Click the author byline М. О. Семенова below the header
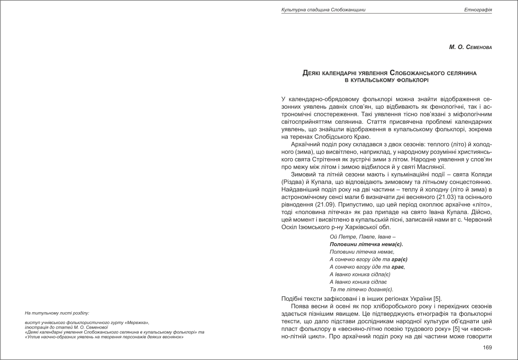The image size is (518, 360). click(470, 47)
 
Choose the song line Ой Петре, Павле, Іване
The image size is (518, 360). click(362, 237)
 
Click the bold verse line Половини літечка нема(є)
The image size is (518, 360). click(366, 244)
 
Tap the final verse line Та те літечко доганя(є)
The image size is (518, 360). click(361, 289)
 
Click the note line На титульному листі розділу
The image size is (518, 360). click(57, 313)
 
